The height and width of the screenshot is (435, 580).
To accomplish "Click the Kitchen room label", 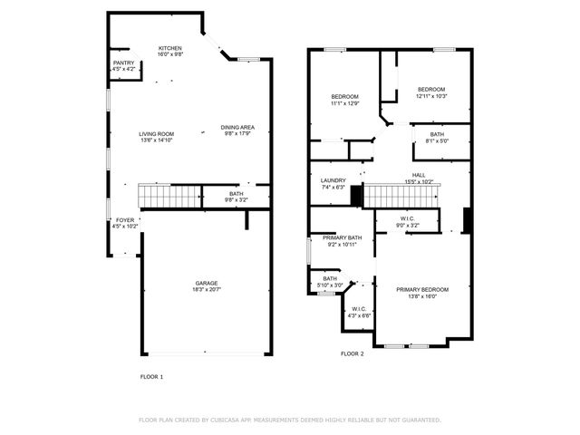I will (x=170, y=48).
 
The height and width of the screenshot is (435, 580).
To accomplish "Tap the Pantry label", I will (x=124, y=63).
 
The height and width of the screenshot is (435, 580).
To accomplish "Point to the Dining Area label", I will (x=237, y=127).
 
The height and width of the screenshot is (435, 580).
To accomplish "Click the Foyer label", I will (x=124, y=219).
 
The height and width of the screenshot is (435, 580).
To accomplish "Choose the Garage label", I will (x=206, y=283).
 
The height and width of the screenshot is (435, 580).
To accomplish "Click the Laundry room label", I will (x=333, y=180).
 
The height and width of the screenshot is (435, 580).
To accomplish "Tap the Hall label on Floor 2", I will (x=419, y=175).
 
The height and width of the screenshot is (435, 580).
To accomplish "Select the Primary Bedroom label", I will (x=422, y=289).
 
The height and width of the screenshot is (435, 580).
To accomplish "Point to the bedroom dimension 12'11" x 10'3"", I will (x=431, y=95).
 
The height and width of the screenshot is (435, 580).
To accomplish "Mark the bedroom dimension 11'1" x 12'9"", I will (x=344, y=103).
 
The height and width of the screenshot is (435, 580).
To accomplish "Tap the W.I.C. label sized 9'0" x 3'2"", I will (x=408, y=224).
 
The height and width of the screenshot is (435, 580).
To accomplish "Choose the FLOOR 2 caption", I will (x=352, y=353).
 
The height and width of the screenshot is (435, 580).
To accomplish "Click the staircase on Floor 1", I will (x=169, y=195).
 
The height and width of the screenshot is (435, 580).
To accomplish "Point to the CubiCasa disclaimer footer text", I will (x=289, y=420).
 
